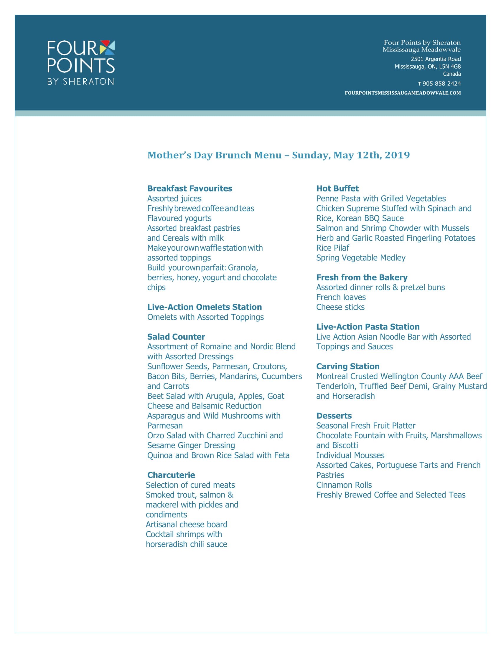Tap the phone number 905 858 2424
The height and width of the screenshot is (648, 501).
click(441, 84)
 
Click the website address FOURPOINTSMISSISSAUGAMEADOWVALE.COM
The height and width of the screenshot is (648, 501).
click(403, 93)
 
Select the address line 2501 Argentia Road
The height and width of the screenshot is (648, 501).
click(435, 59)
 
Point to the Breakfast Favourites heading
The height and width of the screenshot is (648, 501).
click(190, 189)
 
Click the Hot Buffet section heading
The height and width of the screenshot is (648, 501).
click(337, 189)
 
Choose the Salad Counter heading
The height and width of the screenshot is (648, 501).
click(176, 337)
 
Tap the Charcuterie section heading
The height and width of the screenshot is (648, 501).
click(171, 475)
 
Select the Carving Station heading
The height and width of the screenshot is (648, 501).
click(347, 366)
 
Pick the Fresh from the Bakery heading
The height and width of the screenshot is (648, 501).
click(362, 277)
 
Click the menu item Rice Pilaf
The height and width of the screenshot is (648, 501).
click(332, 248)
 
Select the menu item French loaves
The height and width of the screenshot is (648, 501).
click(341, 297)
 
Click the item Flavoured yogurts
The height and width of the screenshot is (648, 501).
click(179, 218)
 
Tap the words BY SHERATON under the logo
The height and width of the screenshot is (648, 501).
click(80, 82)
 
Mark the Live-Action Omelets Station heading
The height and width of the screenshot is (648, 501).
click(205, 307)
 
